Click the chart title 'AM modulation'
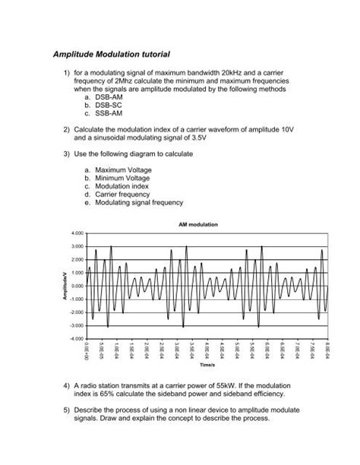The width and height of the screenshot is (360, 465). (199, 226)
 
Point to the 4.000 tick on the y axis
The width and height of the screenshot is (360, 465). (76, 232)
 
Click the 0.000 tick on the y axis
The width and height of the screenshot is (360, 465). (76, 285)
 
